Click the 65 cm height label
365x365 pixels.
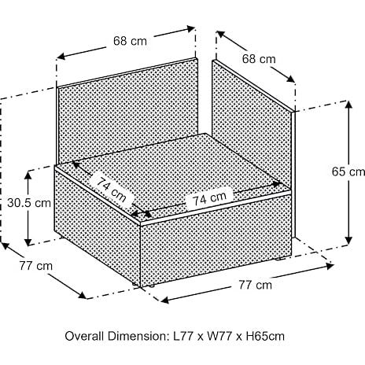pos(348,171)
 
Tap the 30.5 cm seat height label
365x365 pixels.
pos(29,203)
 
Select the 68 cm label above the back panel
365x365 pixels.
pos(130,41)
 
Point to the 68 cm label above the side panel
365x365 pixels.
pos(259,59)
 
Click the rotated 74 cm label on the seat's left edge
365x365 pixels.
pos(112,190)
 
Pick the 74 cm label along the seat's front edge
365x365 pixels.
pos(209,198)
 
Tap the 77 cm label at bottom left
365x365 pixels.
pos(36,266)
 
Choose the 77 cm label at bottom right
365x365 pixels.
pos(255,285)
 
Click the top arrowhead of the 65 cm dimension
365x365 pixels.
pos(348,105)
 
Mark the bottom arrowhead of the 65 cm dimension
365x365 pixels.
pos(348,240)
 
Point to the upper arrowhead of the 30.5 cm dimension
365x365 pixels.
pos(28,175)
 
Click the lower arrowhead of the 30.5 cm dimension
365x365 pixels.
pos(28,241)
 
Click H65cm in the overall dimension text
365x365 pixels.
pos(265,336)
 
